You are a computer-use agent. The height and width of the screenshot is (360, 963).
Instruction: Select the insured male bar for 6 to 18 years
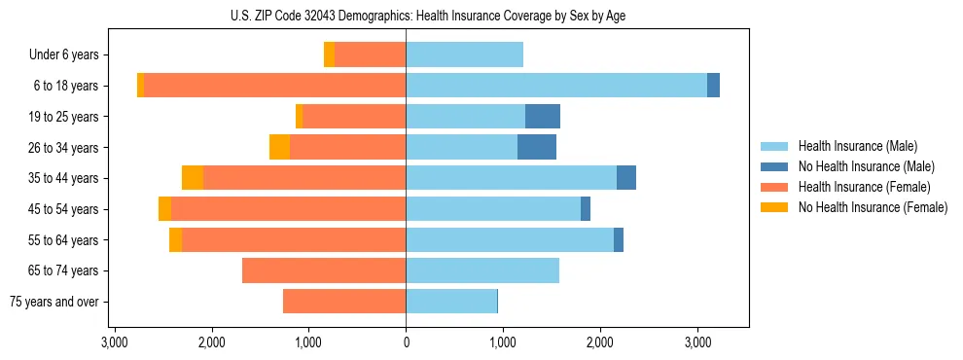point(556,86)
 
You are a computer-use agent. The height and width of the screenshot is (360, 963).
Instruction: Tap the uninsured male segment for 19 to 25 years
point(543,117)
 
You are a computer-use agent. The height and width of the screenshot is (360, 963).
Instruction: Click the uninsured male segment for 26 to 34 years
point(537,147)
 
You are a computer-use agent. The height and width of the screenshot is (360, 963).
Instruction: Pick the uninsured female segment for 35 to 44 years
point(193,178)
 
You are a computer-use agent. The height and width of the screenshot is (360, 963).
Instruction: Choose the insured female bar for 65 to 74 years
point(324,270)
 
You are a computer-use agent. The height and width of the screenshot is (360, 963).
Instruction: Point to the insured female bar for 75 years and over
point(344,302)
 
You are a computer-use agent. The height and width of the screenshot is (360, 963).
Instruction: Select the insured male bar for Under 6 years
point(465,55)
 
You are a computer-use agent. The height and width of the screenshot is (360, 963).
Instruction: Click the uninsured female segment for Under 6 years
point(330,55)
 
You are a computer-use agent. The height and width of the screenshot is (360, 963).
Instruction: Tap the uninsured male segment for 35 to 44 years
point(626,178)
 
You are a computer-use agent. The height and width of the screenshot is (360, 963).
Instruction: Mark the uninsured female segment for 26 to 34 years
point(280,147)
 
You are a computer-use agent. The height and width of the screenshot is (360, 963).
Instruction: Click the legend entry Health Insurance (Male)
point(857,146)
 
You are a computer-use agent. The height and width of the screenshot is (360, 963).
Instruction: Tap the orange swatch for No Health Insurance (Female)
point(775,207)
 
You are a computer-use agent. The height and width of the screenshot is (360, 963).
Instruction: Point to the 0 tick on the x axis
point(406,342)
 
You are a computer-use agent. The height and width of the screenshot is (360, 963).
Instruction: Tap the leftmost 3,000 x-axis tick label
point(115,342)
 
